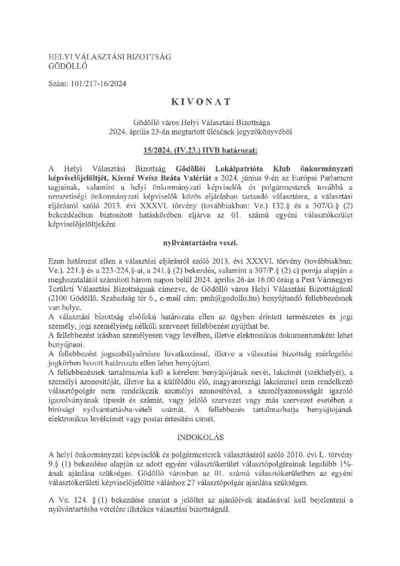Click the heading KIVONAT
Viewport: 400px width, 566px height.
(x=199, y=103)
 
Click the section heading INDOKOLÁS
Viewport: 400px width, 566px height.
(x=199, y=437)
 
